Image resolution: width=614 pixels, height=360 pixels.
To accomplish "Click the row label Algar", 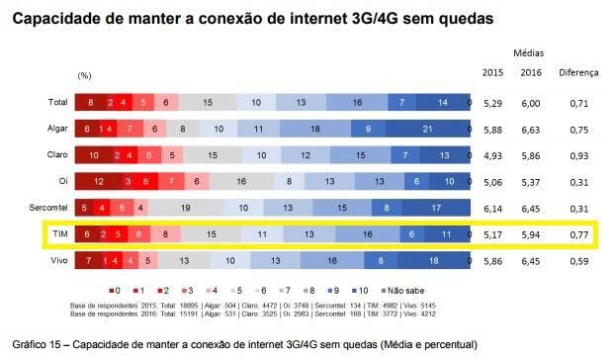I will [55, 128].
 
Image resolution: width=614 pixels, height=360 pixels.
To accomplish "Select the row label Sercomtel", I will [47, 206].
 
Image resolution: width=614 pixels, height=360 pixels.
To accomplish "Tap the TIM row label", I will [58, 234].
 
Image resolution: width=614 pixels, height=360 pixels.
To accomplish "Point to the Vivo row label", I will [57, 261].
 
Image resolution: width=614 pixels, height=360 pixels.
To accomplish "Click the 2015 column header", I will [493, 72].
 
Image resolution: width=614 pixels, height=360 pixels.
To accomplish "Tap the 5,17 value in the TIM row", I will [493, 234].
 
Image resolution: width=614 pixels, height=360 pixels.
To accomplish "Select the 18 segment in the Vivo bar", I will [435, 261].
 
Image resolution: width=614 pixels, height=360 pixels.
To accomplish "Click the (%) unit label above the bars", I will [85, 75].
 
